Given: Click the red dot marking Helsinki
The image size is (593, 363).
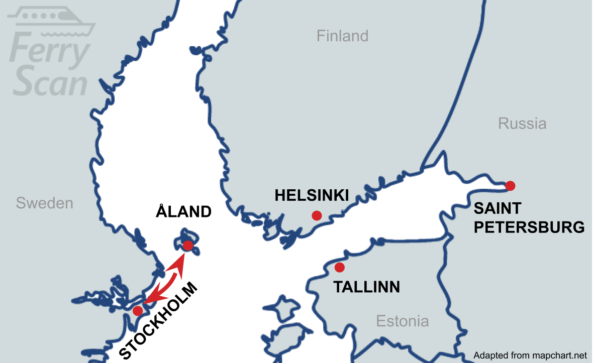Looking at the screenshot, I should pyautogui.click(x=317, y=215).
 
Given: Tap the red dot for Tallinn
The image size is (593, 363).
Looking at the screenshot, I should pyautogui.click(x=339, y=267).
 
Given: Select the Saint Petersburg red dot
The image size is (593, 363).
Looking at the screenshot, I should pyautogui.click(x=510, y=186).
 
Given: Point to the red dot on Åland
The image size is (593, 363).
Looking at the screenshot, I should pyautogui.click(x=188, y=246).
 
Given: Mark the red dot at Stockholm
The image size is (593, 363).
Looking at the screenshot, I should pyautogui.click(x=137, y=311).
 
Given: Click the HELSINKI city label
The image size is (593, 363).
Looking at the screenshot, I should pyautogui.click(x=312, y=195).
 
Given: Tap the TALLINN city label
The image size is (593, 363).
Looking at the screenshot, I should pyautogui.click(x=367, y=287).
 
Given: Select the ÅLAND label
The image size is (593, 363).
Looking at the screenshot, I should pyautogui.click(x=183, y=211).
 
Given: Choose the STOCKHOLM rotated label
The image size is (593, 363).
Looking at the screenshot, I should pyautogui.click(x=159, y=321).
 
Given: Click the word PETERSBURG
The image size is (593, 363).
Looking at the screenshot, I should pyautogui.click(x=529, y=227).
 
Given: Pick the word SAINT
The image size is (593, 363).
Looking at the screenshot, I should pyautogui.click(x=498, y=208).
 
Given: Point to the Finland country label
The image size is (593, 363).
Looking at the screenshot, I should pyautogui.click(x=342, y=36).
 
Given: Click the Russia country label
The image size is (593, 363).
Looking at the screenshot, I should pyautogui.click(x=522, y=124).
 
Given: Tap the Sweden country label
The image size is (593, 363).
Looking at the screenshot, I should pyautogui.click(x=44, y=203).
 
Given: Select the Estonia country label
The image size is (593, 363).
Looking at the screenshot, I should pyautogui.click(x=402, y=321).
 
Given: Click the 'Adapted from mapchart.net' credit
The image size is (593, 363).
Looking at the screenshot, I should pyautogui.click(x=530, y=355).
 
